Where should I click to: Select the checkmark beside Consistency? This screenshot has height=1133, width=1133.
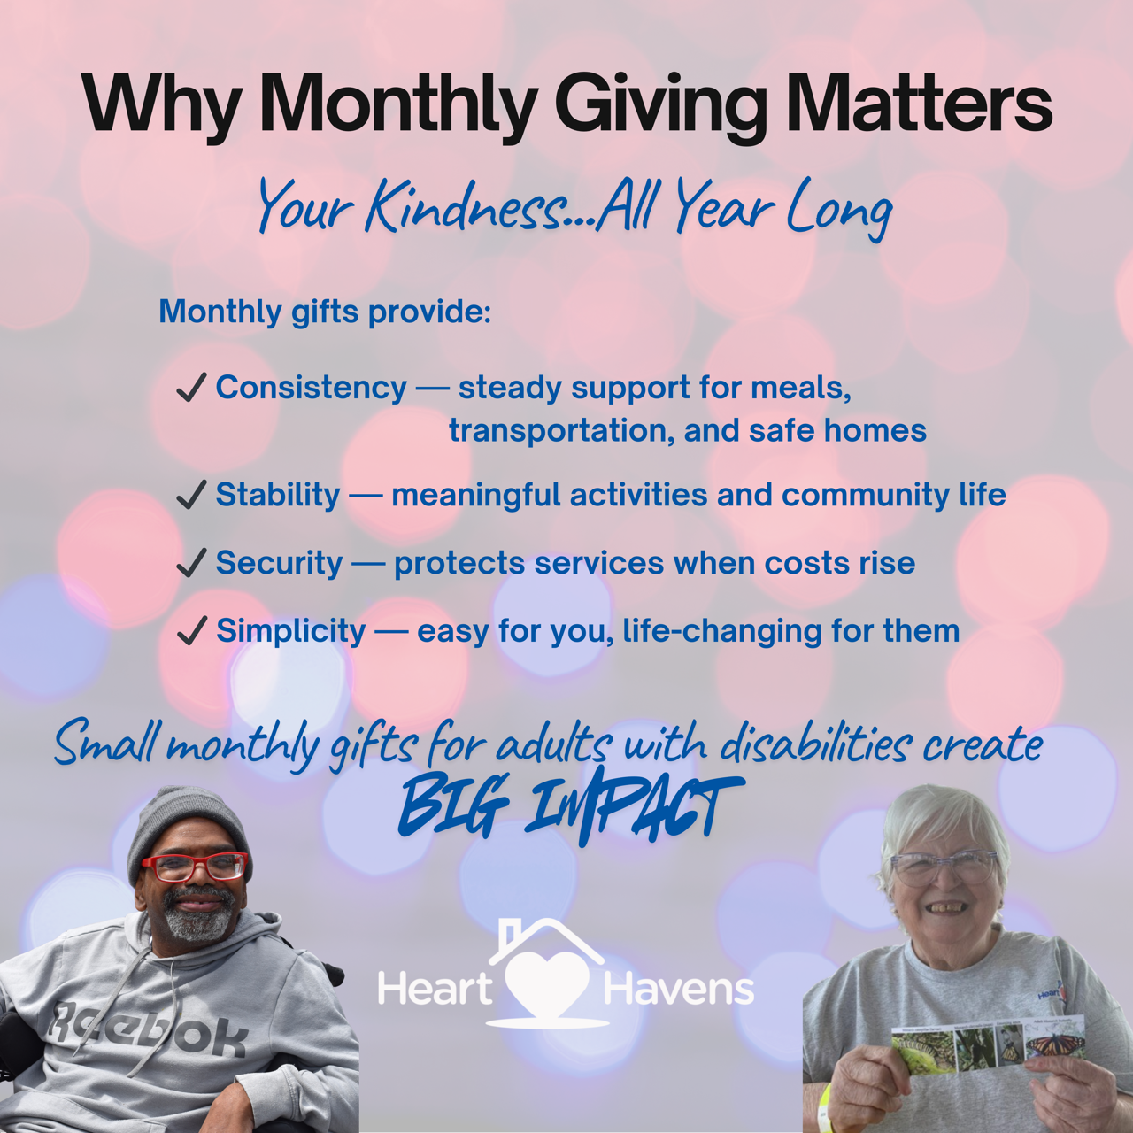pos(191,388)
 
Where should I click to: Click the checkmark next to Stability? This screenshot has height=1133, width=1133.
pos(191,495)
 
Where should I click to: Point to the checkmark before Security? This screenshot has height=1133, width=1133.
pos(191,563)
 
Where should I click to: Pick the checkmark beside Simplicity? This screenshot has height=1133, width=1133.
pos(191,631)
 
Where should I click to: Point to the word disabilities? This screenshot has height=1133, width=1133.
pos(814,744)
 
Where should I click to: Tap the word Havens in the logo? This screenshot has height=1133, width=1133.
pos(678,989)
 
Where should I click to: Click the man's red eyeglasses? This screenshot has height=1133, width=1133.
pos(194,867)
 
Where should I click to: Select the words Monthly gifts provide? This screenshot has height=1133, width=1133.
pos(324,312)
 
